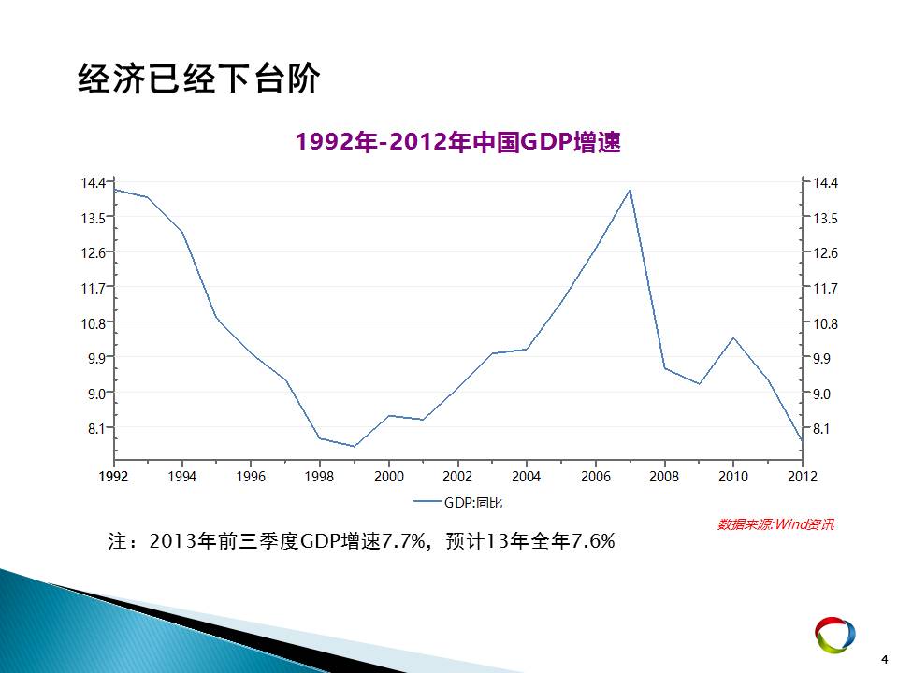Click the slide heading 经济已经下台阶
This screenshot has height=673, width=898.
(198, 78)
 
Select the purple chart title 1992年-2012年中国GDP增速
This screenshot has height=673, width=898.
(458, 141)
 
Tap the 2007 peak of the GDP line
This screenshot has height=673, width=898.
(630, 190)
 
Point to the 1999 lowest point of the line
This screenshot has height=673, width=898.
(354, 446)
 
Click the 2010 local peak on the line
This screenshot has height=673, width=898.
(733, 337)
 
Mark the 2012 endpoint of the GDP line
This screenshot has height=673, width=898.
(802, 440)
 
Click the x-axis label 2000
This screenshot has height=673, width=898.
(389, 476)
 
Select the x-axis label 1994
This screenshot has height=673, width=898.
(182, 476)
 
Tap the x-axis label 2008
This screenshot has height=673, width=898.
(664, 476)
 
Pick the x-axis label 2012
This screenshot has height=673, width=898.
(802, 476)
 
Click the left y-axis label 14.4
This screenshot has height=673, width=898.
(94, 183)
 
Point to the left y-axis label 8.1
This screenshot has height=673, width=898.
(96, 428)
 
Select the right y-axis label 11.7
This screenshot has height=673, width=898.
(825, 289)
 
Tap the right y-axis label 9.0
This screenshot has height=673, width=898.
(822, 394)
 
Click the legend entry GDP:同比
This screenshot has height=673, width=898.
(457, 503)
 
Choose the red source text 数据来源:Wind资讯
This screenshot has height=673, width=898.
(775, 524)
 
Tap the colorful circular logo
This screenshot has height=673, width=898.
(835, 635)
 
